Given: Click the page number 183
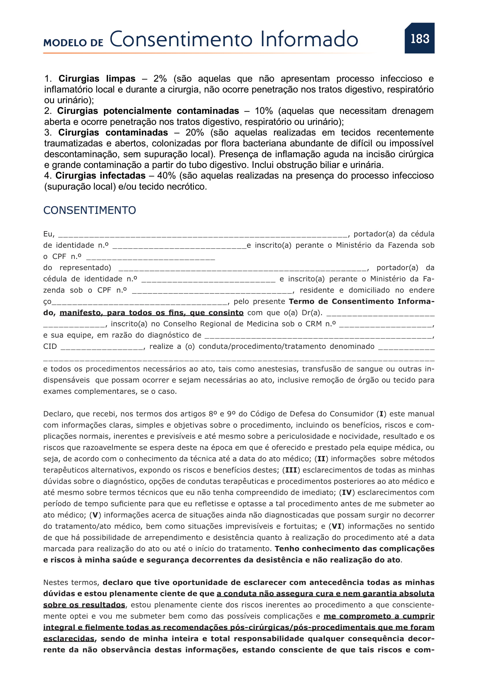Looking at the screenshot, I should [420, 38].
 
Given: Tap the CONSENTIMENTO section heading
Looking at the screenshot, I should [90, 210].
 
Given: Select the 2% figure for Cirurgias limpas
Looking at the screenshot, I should [160, 79].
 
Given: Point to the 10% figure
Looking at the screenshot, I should [264, 111].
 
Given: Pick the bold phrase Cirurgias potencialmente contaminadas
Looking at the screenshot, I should [148, 111].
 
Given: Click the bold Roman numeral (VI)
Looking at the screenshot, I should [336, 526].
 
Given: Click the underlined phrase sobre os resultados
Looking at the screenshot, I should [84, 605].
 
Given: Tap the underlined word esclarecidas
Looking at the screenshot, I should [69, 639].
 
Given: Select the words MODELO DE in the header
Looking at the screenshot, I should [73, 43].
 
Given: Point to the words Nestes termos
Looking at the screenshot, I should [71, 582].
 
